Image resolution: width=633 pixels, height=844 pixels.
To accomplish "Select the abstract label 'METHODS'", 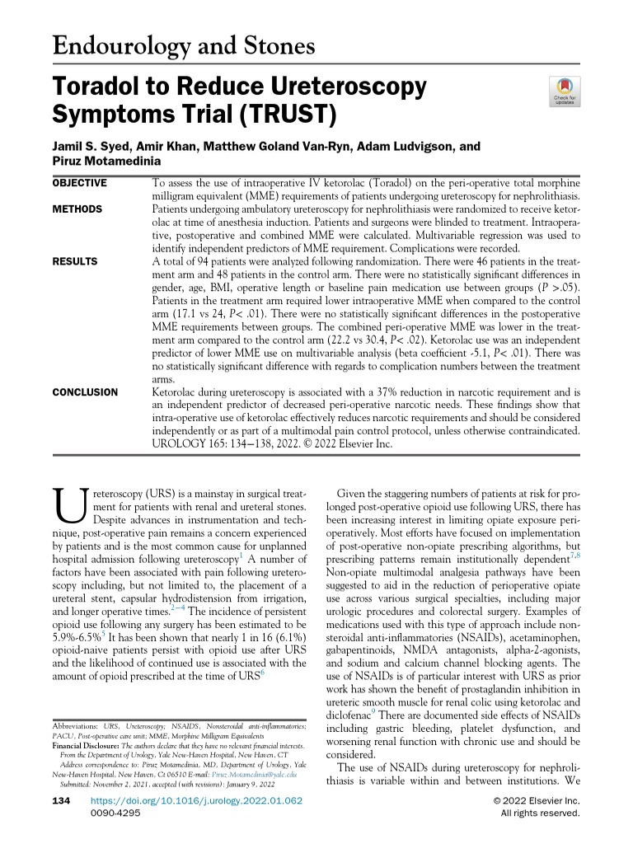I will (x=77, y=209).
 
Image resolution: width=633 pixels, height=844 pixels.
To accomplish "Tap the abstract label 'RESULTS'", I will (x=75, y=261).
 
